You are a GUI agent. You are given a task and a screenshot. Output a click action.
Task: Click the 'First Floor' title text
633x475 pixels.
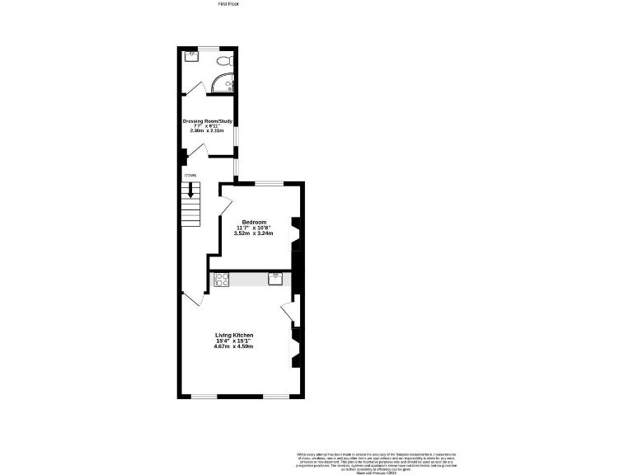[227, 4]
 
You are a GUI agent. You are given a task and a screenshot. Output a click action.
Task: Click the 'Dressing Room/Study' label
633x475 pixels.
[208, 120]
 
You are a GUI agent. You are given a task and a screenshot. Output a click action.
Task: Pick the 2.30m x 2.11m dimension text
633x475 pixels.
[208, 130]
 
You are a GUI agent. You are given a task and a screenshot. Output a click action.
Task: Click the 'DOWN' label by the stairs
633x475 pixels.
[190, 175]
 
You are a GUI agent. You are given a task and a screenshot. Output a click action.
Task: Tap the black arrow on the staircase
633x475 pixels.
[191, 189]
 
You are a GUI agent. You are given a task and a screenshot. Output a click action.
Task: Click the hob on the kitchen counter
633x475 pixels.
[222, 280]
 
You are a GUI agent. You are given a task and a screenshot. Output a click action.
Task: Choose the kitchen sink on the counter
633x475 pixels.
[274, 278]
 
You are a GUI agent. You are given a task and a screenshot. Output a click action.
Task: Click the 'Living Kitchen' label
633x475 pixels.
[234, 335]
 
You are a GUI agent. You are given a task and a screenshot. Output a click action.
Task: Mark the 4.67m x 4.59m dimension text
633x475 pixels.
[234, 346]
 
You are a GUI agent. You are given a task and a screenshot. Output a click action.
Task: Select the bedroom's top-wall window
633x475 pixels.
[268, 182]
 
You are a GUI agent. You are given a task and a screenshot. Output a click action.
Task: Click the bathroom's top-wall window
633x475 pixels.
[207, 48]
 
